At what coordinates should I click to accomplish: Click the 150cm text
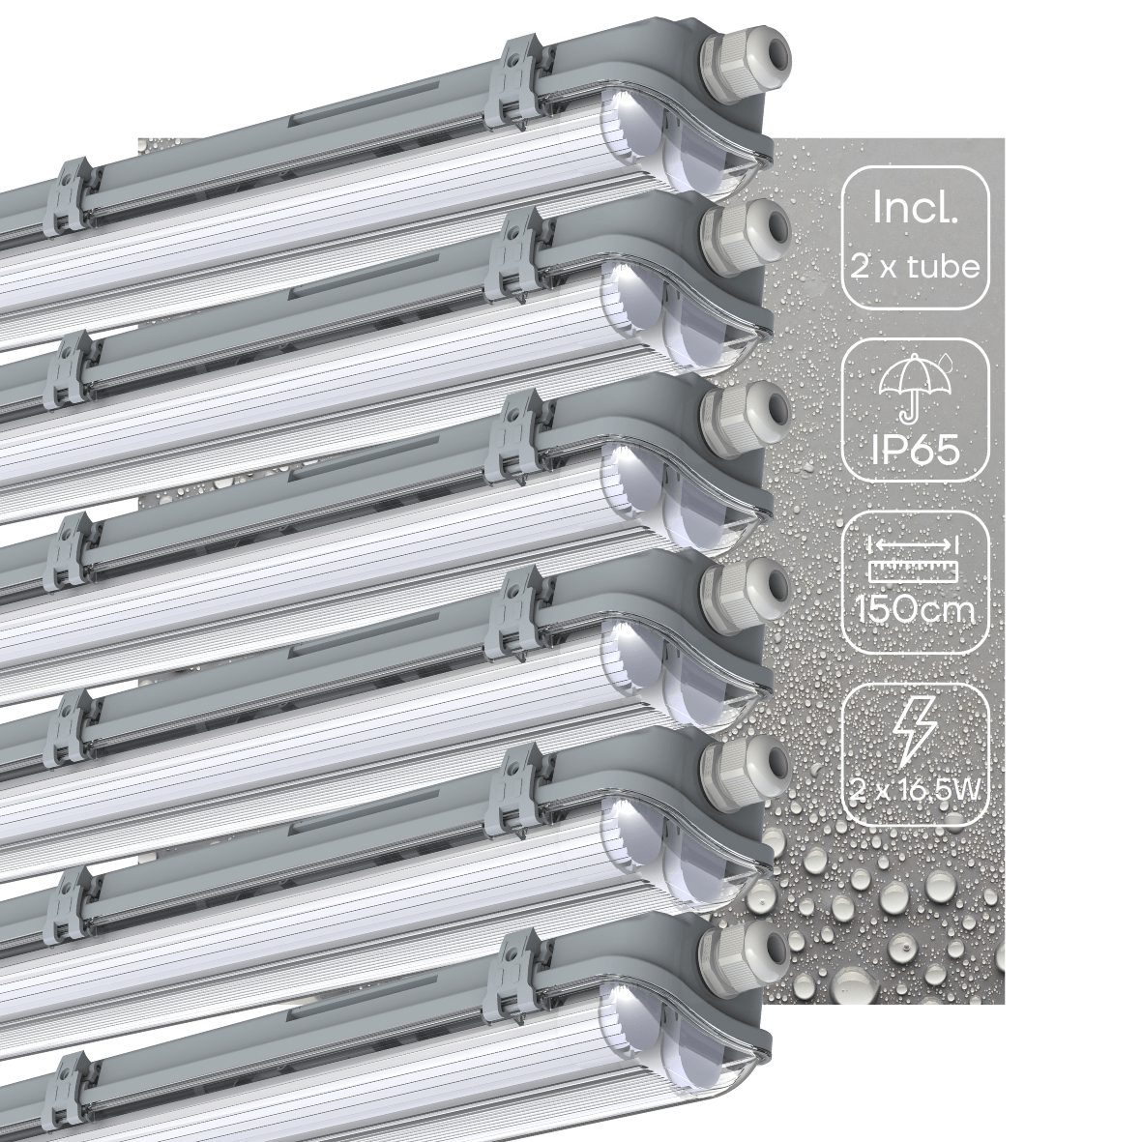point(915,612)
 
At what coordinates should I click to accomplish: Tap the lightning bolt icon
point(915,734)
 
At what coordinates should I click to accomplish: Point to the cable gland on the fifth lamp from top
point(747,763)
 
